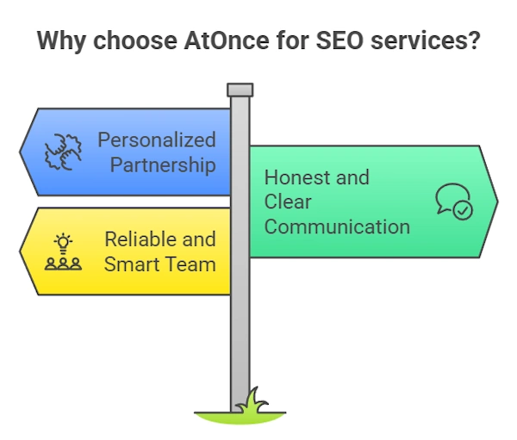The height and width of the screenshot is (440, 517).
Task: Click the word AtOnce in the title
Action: click(x=227, y=40)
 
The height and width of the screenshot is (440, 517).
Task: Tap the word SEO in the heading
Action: click(x=339, y=40)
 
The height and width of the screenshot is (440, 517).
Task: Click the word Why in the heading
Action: click(x=62, y=41)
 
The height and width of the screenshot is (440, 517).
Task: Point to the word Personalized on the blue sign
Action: click(x=157, y=139)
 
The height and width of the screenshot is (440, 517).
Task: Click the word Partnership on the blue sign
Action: click(x=163, y=164)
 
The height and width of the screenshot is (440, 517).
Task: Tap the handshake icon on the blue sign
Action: click(x=63, y=152)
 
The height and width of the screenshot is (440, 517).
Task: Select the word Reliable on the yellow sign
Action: click(x=140, y=239)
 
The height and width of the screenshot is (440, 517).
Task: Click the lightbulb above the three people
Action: click(x=63, y=243)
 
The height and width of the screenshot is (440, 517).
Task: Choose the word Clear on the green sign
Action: click(x=288, y=201)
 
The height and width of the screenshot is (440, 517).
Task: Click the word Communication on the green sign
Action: click(x=337, y=226)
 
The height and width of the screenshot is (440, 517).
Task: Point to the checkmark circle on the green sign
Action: click(x=463, y=210)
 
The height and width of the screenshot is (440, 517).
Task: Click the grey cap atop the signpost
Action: click(x=240, y=90)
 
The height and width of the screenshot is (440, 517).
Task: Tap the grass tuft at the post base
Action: click(x=252, y=401)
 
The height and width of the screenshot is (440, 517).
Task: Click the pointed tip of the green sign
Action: click(x=498, y=201)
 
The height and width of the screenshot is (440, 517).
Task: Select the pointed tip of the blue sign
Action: click(x=20, y=152)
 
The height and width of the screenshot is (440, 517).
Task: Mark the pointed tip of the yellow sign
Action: click(x=20, y=251)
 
